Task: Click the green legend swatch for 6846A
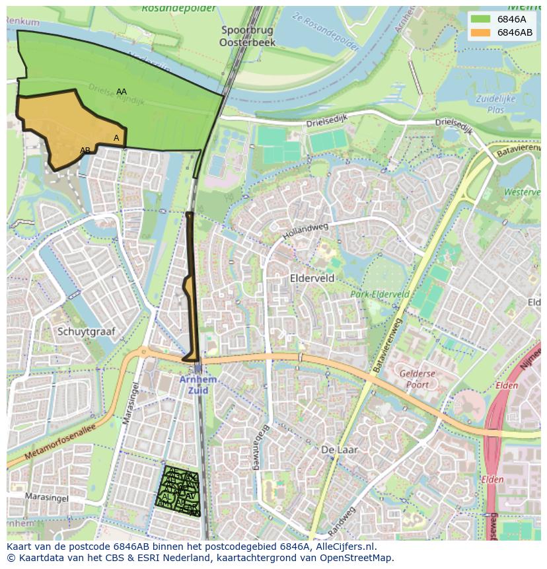tap(481, 19)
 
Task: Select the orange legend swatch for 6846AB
tap(481, 32)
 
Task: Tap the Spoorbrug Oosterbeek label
tap(248, 36)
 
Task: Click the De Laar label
tap(339, 450)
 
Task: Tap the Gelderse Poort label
tap(418, 379)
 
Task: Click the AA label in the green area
tap(122, 92)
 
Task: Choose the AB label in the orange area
tap(85, 151)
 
